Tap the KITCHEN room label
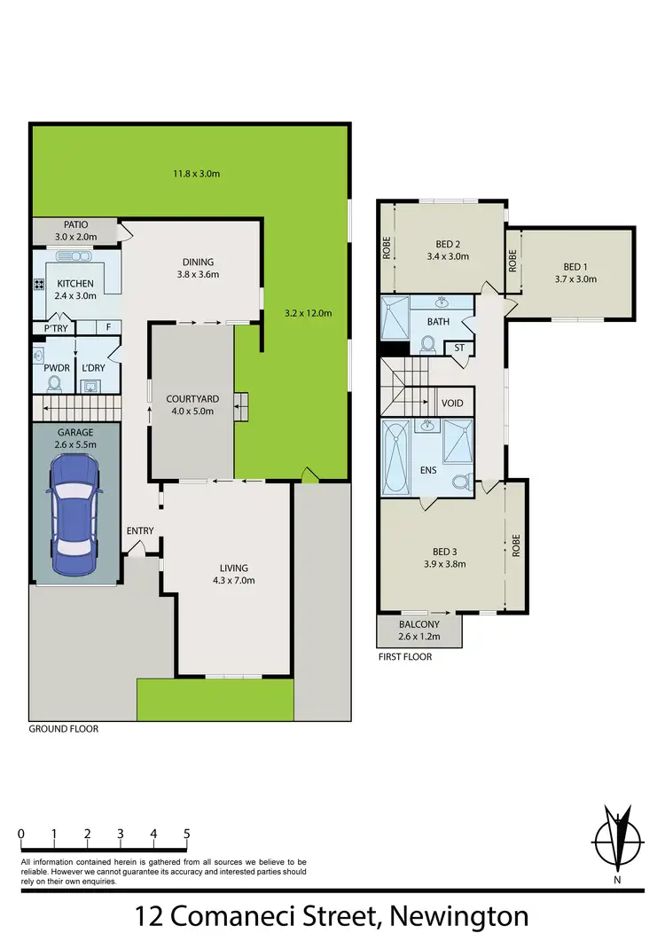[75, 284]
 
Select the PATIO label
[75, 225]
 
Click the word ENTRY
[140, 531]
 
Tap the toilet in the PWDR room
[55, 383]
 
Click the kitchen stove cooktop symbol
[40, 286]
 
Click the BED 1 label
[575, 267]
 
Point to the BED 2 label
[448, 244]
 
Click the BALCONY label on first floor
[419, 623]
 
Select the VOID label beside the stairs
[452, 404]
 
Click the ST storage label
[458, 349]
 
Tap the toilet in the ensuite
[459, 483]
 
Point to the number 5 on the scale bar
[186, 834]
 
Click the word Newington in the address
[455, 915]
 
